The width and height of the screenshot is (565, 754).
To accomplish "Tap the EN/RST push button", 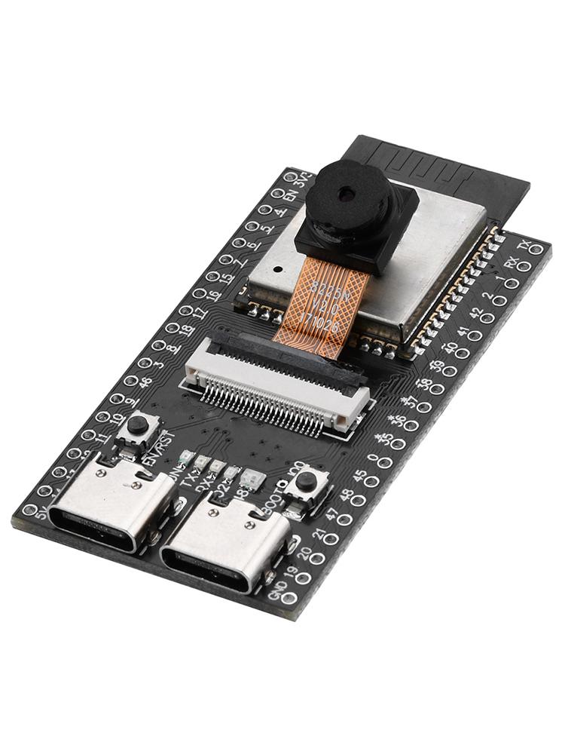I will tap(136, 428).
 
